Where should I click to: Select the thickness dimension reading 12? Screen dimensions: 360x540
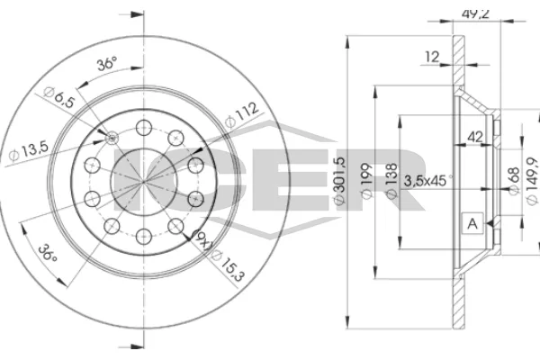pos(433,57)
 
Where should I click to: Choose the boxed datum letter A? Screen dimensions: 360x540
pos(471,221)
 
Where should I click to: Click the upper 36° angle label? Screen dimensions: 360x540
pos(107,64)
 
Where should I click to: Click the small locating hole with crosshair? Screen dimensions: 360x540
pos(112,137)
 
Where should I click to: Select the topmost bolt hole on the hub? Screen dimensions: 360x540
pos(143,126)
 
